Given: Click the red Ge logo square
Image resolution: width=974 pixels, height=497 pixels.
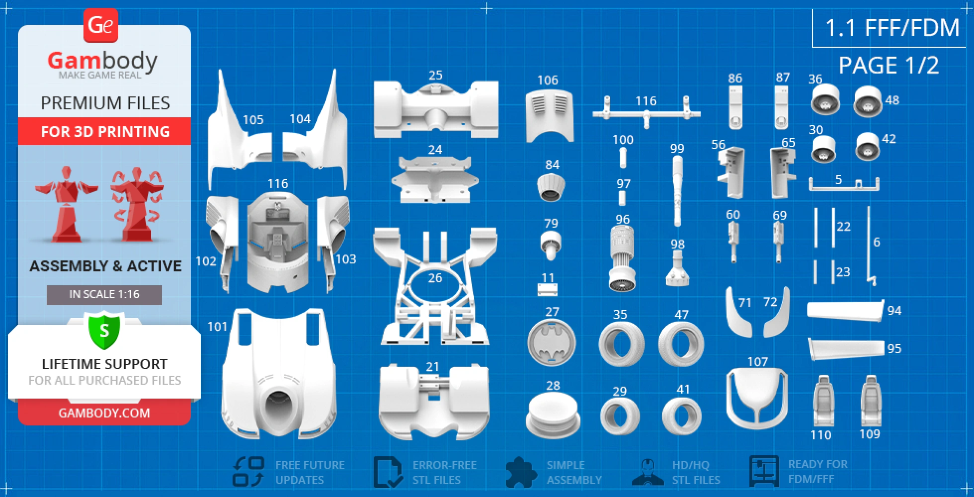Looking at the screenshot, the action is coord(100,25).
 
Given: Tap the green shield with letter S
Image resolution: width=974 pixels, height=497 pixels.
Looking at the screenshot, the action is coord(104,330).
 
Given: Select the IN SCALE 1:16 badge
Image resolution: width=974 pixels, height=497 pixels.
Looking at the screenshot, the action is coord(104,295).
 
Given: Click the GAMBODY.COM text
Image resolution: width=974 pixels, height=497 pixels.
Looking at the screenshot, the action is coord(104,413).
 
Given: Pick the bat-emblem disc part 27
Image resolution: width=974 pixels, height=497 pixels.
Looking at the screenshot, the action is coord(552,342).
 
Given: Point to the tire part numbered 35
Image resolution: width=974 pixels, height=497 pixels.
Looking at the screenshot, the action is coord(622,344).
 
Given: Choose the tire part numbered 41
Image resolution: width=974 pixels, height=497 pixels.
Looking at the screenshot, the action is coord(682,416).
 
